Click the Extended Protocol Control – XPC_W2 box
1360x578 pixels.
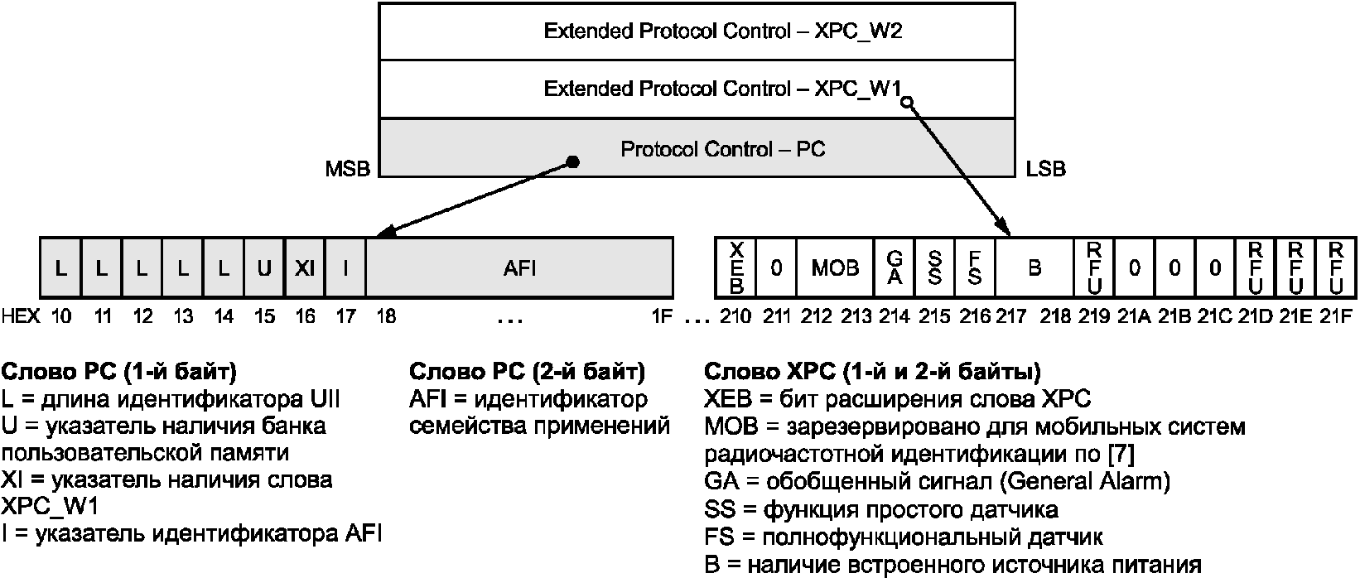(697, 31)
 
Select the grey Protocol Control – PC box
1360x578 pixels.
(697, 148)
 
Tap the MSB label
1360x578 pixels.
(347, 169)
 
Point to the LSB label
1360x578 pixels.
(1045, 169)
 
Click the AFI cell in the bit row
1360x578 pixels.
(519, 267)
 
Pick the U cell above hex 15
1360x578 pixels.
(264, 267)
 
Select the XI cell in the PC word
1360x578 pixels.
(305, 267)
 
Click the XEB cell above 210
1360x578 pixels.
(735, 267)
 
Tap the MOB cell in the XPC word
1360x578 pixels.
(836, 267)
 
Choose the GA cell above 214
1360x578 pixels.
(894, 267)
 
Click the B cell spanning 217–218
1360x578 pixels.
(1034, 267)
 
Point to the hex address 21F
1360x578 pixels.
(1336, 316)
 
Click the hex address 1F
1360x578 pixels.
(662, 316)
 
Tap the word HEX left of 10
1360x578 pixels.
(21, 316)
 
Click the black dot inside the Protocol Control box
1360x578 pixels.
(572, 162)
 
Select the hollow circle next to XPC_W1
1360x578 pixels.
(906, 103)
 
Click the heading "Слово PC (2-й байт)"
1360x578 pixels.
(527, 372)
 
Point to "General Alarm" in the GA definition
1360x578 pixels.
(1084, 481)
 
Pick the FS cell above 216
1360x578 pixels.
(975, 267)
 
